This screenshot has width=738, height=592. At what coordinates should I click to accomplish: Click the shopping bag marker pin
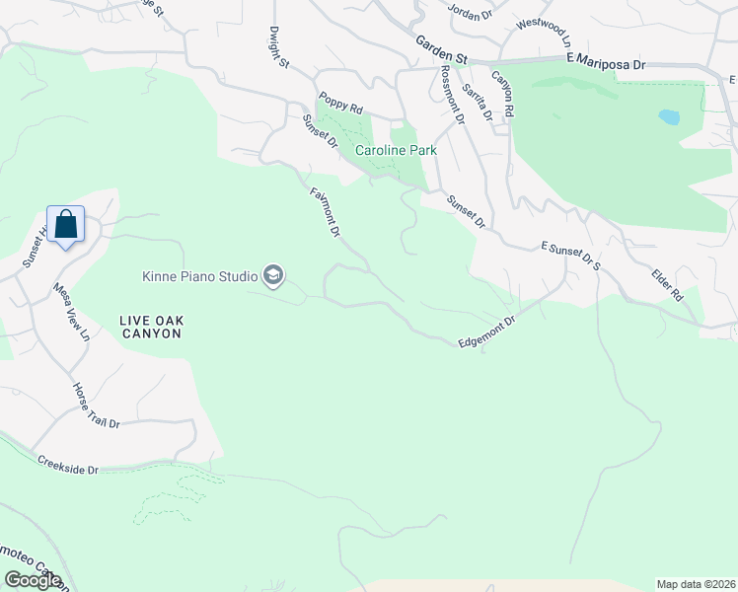click(65, 224)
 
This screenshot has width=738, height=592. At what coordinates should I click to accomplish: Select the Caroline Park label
click(396, 152)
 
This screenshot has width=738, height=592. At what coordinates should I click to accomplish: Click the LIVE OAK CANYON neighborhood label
click(150, 327)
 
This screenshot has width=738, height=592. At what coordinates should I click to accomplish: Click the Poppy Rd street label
click(340, 105)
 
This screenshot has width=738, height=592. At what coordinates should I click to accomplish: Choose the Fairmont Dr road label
click(326, 211)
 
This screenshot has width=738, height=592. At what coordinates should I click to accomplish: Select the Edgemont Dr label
click(487, 331)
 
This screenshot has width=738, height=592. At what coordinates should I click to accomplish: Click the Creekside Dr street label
click(68, 465)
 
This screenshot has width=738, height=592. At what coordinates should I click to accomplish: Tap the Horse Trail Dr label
click(96, 407)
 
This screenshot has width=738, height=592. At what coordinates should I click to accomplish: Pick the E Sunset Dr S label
click(571, 254)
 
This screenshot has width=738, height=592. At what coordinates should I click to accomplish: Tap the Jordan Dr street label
click(470, 12)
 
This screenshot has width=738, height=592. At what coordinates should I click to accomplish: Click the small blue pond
click(669, 116)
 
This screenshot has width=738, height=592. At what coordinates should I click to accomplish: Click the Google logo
click(33, 580)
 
